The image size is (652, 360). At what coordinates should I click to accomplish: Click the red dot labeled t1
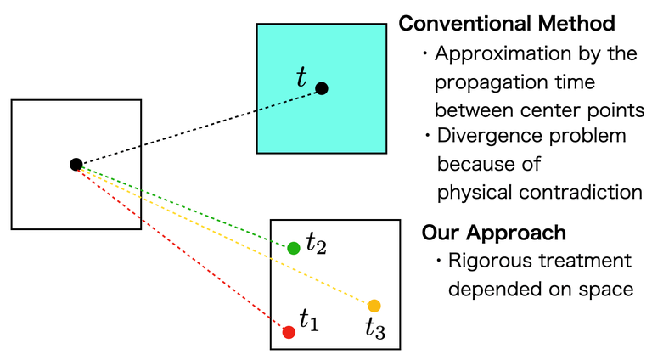click(289, 332)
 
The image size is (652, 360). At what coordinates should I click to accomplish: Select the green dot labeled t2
click(294, 248)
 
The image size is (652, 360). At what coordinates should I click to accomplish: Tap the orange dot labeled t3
click(374, 306)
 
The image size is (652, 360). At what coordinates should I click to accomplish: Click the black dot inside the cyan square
click(322, 88)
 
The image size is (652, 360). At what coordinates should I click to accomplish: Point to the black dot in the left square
click(76, 164)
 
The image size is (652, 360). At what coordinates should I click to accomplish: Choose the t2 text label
click(316, 245)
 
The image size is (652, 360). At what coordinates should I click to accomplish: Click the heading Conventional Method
click(507, 25)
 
